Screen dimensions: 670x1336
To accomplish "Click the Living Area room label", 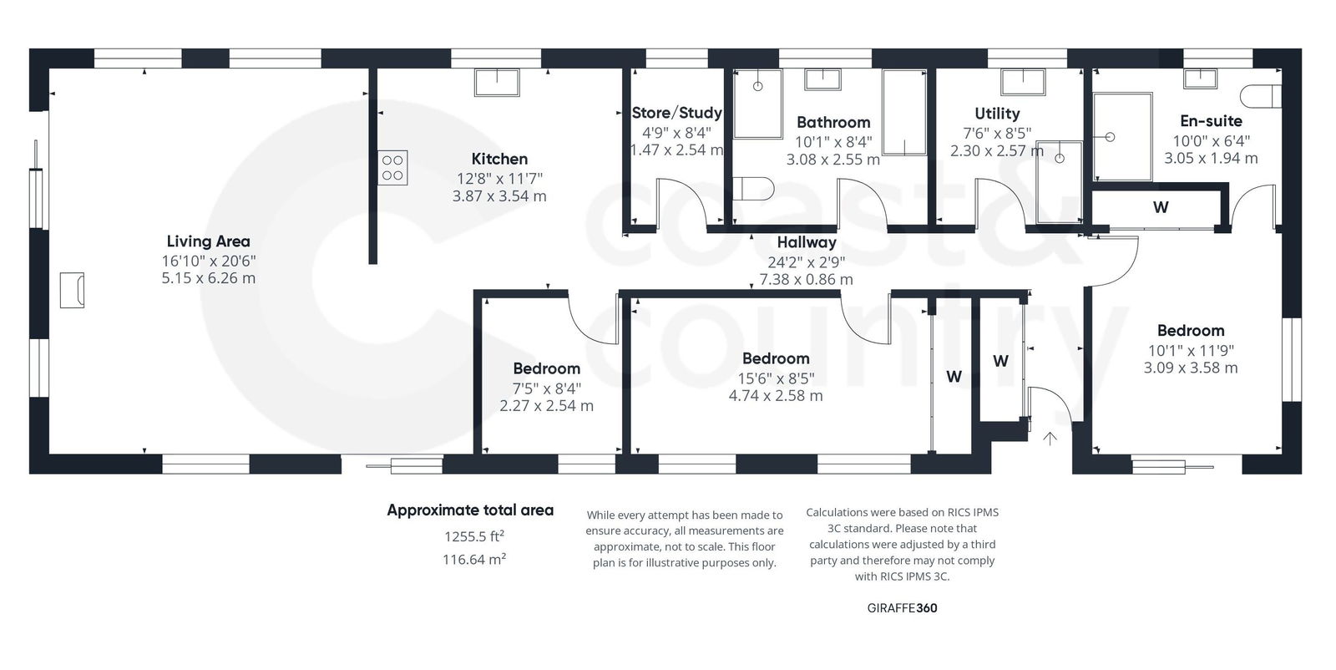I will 208,241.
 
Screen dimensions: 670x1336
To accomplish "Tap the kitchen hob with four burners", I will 392,168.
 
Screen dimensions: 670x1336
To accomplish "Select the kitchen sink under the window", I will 497,83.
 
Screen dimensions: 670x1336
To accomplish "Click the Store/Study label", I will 676,113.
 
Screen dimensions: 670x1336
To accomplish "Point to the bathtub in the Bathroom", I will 905,113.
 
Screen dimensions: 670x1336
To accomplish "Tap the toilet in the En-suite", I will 1261,96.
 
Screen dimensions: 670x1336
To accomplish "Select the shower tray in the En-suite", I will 1122,136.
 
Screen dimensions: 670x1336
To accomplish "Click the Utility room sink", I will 1023,82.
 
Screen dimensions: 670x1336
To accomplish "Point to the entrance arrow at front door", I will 1050,439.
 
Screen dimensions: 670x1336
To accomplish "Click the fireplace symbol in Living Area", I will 72,290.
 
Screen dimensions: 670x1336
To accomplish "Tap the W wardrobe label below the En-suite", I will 1161,207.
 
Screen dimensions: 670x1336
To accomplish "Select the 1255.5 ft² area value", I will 473,536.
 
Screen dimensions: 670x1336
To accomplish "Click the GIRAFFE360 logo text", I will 902,608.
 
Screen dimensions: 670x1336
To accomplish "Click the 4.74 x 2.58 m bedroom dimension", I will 775,396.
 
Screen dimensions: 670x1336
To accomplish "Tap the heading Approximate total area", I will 470,510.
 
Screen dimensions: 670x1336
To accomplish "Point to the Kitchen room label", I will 499,159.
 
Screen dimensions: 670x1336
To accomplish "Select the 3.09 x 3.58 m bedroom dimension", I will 1191,368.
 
